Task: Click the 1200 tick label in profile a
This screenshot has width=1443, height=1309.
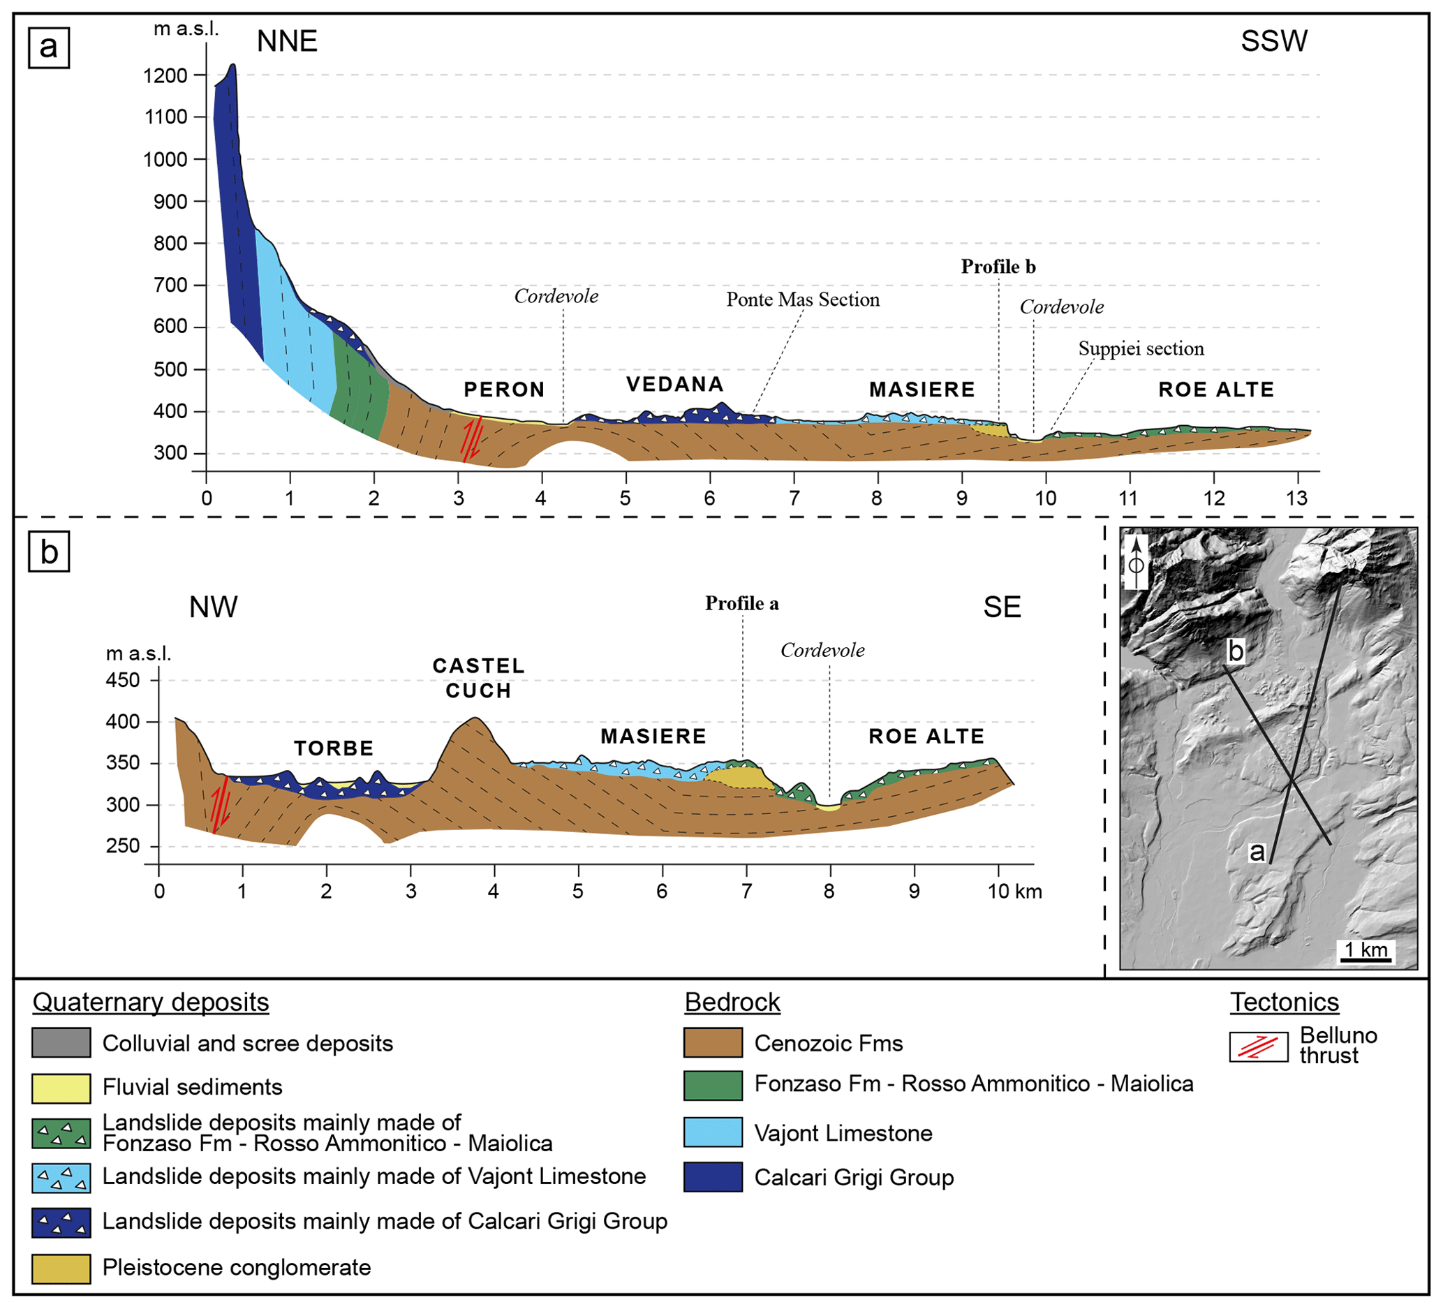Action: pyautogui.click(x=165, y=76)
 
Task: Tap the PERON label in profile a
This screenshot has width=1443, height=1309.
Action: pyautogui.click(x=504, y=390)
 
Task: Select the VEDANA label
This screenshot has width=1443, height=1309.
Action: pyautogui.click(x=675, y=385)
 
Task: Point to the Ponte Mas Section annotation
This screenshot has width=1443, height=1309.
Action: pyautogui.click(x=802, y=300)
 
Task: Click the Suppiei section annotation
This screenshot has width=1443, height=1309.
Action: pyautogui.click(x=1141, y=349)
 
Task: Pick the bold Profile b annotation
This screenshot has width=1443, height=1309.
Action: pyautogui.click(x=998, y=267)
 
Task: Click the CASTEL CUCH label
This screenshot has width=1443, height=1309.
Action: pyautogui.click(x=478, y=678)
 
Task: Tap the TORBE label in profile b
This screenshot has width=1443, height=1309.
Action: pyautogui.click(x=334, y=748)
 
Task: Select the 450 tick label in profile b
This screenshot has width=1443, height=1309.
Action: pyautogui.click(x=123, y=680)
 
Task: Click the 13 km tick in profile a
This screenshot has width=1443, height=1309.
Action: pyautogui.click(x=1297, y=499)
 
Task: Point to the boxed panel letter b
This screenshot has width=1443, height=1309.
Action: pyautogui.click(x=49, y=552)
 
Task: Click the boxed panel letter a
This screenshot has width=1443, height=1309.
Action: pyautogui.click(x=49, y=48)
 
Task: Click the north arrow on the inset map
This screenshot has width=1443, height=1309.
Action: pyautogui.click(x=1136, y=562)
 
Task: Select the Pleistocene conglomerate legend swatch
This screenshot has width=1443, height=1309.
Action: pyautogui.click(x=61, y=1269)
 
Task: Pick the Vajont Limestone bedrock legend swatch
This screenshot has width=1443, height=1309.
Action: pyautogui.click(x=712, y=1133)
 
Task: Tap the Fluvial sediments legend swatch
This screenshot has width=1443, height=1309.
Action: pyautogui.click(x=61, y=1088)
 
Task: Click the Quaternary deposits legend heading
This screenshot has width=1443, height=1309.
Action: pyautogui.click(x=151, y=1003)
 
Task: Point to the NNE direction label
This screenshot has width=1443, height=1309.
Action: pyautogui.click(x=287, y=41)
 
